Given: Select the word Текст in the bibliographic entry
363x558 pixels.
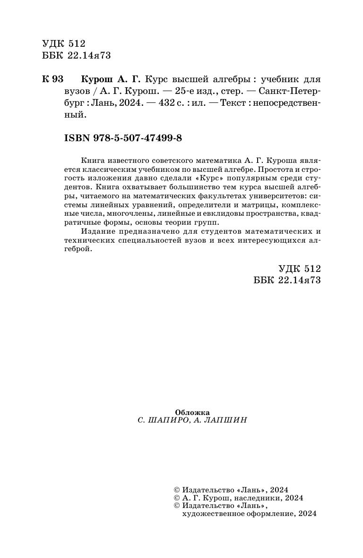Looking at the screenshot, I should pyautogui.click(x=228, y=103).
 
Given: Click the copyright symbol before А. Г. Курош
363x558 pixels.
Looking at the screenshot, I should pyautogui.click(x=177, y=498).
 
